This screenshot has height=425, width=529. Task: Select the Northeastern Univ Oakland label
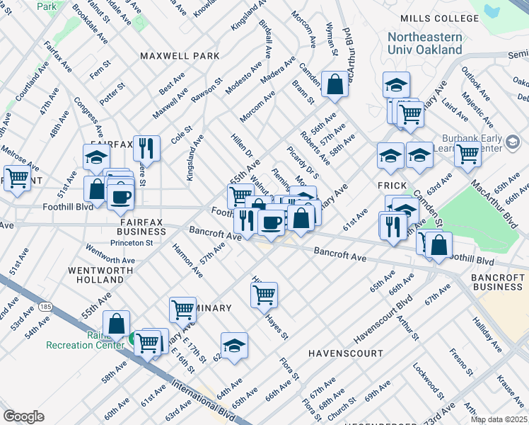[425, 43]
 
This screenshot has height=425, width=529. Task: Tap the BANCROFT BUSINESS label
[499, 280]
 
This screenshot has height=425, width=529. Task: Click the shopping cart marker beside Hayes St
[264, 294]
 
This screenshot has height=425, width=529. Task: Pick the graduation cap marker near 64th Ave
[234, 346]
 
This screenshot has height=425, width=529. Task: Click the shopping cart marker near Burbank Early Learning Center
[467, 152]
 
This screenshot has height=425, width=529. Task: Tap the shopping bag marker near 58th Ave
[116, 323]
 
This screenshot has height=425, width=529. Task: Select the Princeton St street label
[132, 242]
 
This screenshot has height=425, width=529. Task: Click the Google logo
[23, 416]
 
